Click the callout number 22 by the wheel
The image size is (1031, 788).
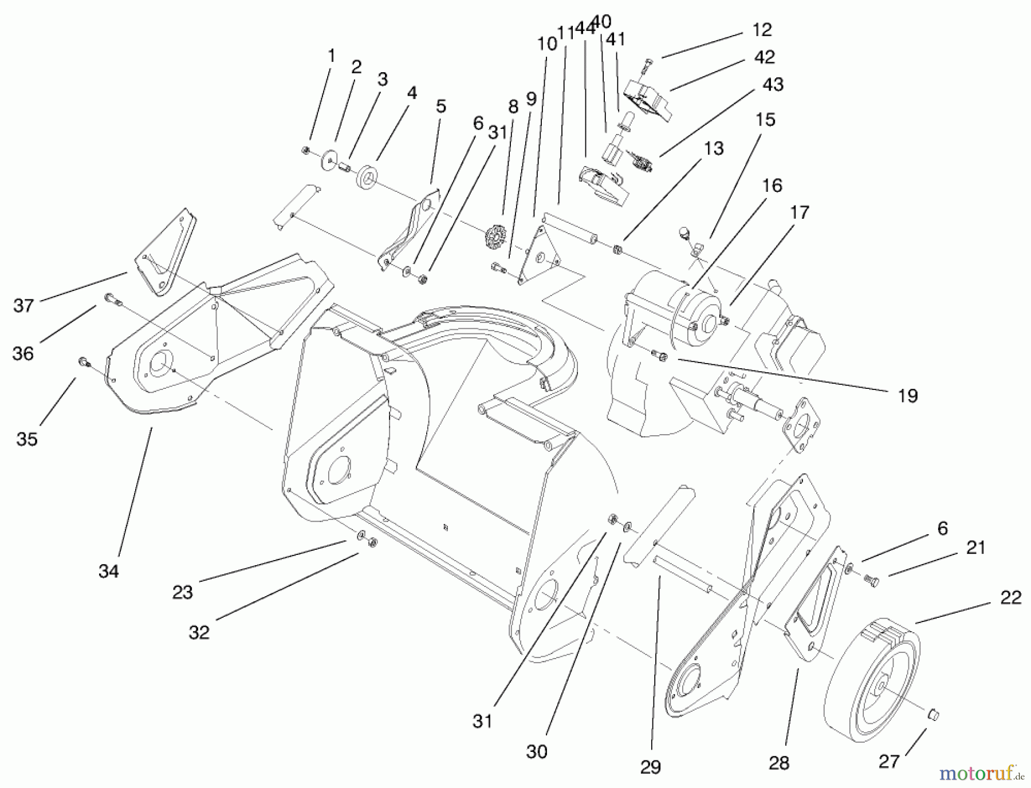pos(1010,597)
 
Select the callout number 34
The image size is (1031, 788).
pos(109,571)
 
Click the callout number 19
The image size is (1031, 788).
pos(908,395)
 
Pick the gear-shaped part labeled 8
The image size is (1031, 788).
pos(492,237)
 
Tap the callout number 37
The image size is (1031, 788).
pos(23,306)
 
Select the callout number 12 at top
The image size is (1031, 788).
pos(762,29)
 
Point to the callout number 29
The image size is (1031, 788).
pos(651,767)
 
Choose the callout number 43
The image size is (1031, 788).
pos(773,84)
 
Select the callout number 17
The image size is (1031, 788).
pos(799,212)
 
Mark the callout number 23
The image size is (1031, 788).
pos(183,592)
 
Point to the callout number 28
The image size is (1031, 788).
pos(779,762)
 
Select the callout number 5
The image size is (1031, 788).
pos(440,107)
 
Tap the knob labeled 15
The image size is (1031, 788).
pos(684,232)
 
